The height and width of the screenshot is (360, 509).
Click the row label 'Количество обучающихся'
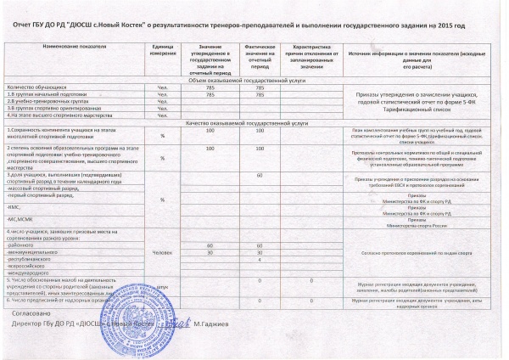click(x=32, y=87)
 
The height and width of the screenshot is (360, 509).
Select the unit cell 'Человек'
click(x=161, y=253)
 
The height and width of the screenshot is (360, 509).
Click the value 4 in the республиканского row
click(x=259, y=259)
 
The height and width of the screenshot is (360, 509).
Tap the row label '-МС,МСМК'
click(x=20, y=220)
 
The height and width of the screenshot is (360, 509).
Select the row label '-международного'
click(x=31, y=273)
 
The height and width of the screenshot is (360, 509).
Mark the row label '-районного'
click(x=23, y=245)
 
